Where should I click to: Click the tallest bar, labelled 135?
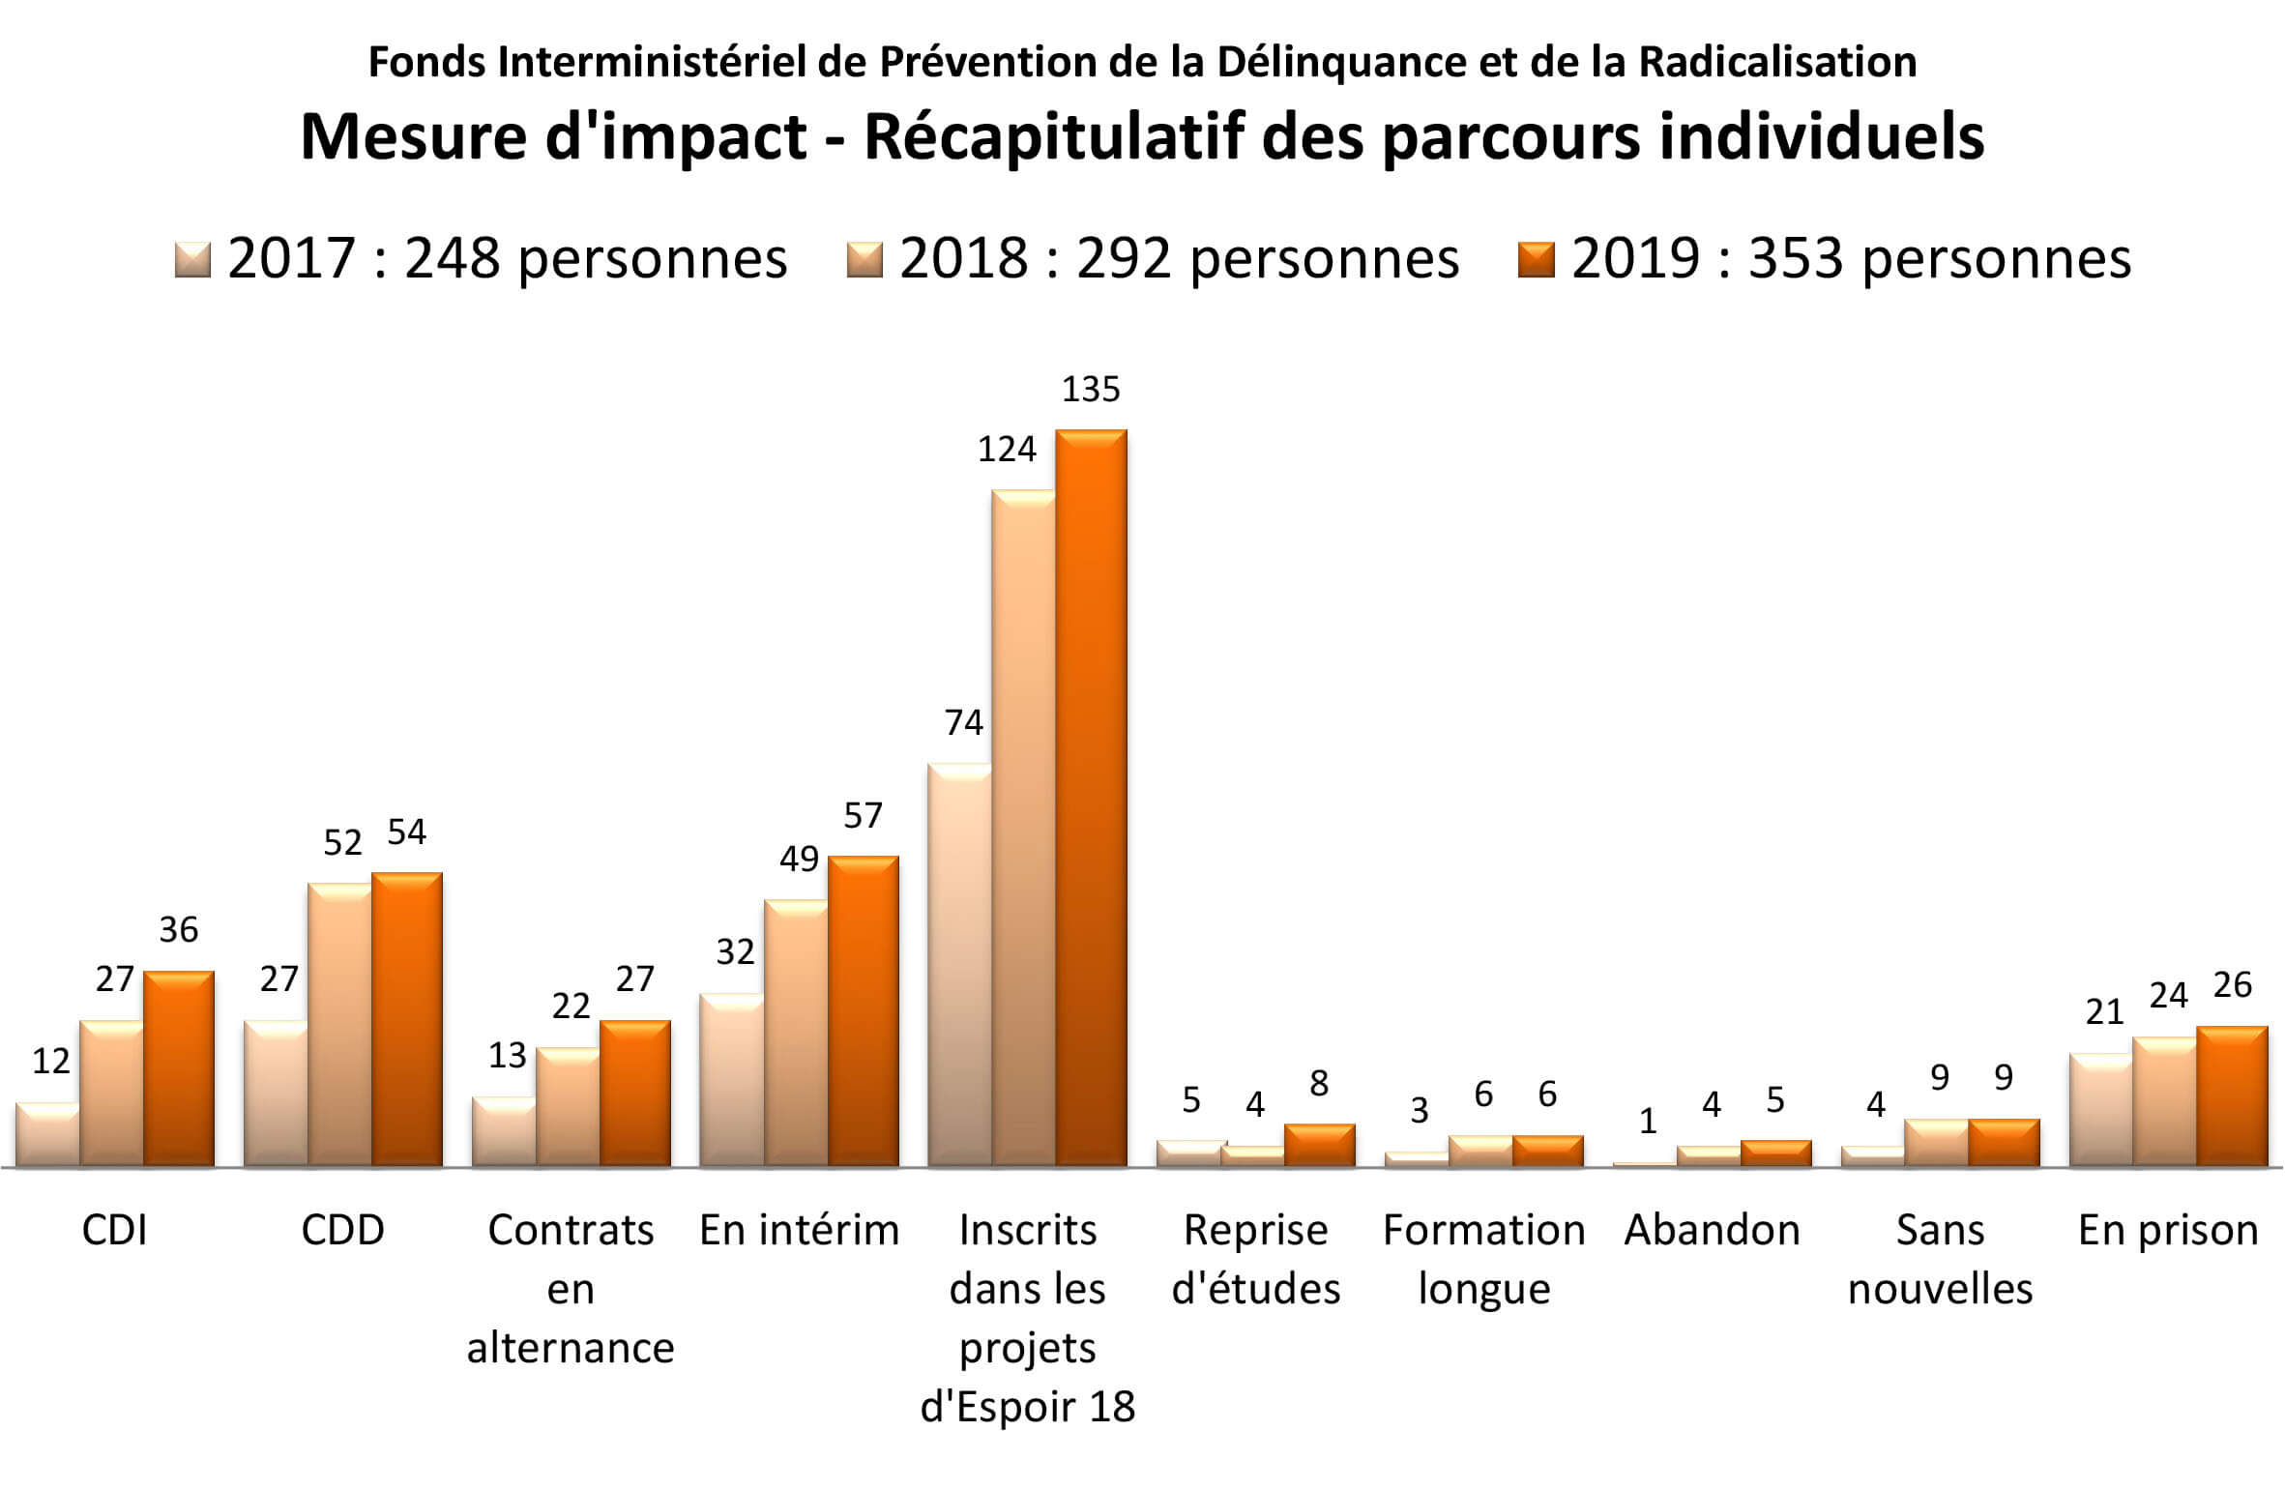[1091, 798]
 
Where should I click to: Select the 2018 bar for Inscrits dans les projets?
[1023, 828]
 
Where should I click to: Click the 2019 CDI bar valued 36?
[179, 1068]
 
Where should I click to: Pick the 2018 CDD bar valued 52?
[339, 1024]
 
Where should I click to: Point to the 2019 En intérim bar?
[864, 1011]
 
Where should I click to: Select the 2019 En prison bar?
[2232, 1096]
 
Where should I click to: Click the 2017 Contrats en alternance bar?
[504, 1132]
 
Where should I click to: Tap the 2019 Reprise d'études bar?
[1319, 1146]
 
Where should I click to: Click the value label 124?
[1007, 450]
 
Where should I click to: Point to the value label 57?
[863, 816]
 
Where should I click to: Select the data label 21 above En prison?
[2105, 1012]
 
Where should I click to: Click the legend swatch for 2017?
[192, 259]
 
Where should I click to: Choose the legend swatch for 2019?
[1536, 259]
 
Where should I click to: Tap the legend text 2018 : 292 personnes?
[1179, 259]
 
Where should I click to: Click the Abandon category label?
[1712, 1231]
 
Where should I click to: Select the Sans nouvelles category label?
[1940, 1259]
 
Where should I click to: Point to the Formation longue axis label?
[1483, 1259]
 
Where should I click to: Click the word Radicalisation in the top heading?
[1777, 63]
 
